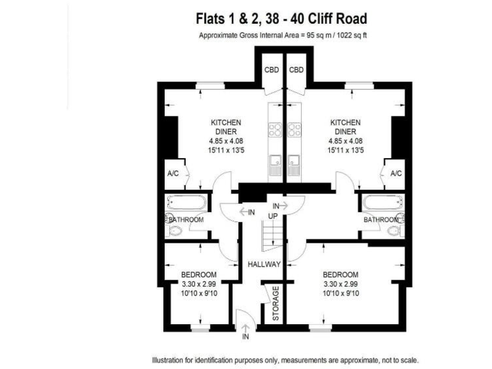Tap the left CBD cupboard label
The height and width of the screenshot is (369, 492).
(272, 70)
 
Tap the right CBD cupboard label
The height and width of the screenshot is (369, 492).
(295, 70)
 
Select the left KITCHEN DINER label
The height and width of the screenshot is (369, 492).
(226, 127)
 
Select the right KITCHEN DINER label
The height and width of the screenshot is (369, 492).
(345, 127)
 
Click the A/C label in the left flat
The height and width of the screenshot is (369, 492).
(172, 174)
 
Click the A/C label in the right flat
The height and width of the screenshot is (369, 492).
(396, 174)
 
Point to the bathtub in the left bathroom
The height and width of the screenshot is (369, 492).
(186, 204)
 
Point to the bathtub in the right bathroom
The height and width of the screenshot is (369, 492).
(382, 204)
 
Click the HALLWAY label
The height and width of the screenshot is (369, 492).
(264, 264)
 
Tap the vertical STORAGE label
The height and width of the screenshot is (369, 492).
(276, 304)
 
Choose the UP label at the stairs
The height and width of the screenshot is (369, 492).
(272, 216)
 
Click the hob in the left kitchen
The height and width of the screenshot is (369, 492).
(275, 130)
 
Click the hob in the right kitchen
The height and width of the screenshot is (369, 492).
(294, 130)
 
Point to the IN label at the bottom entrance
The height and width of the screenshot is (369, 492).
(245, 336)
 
